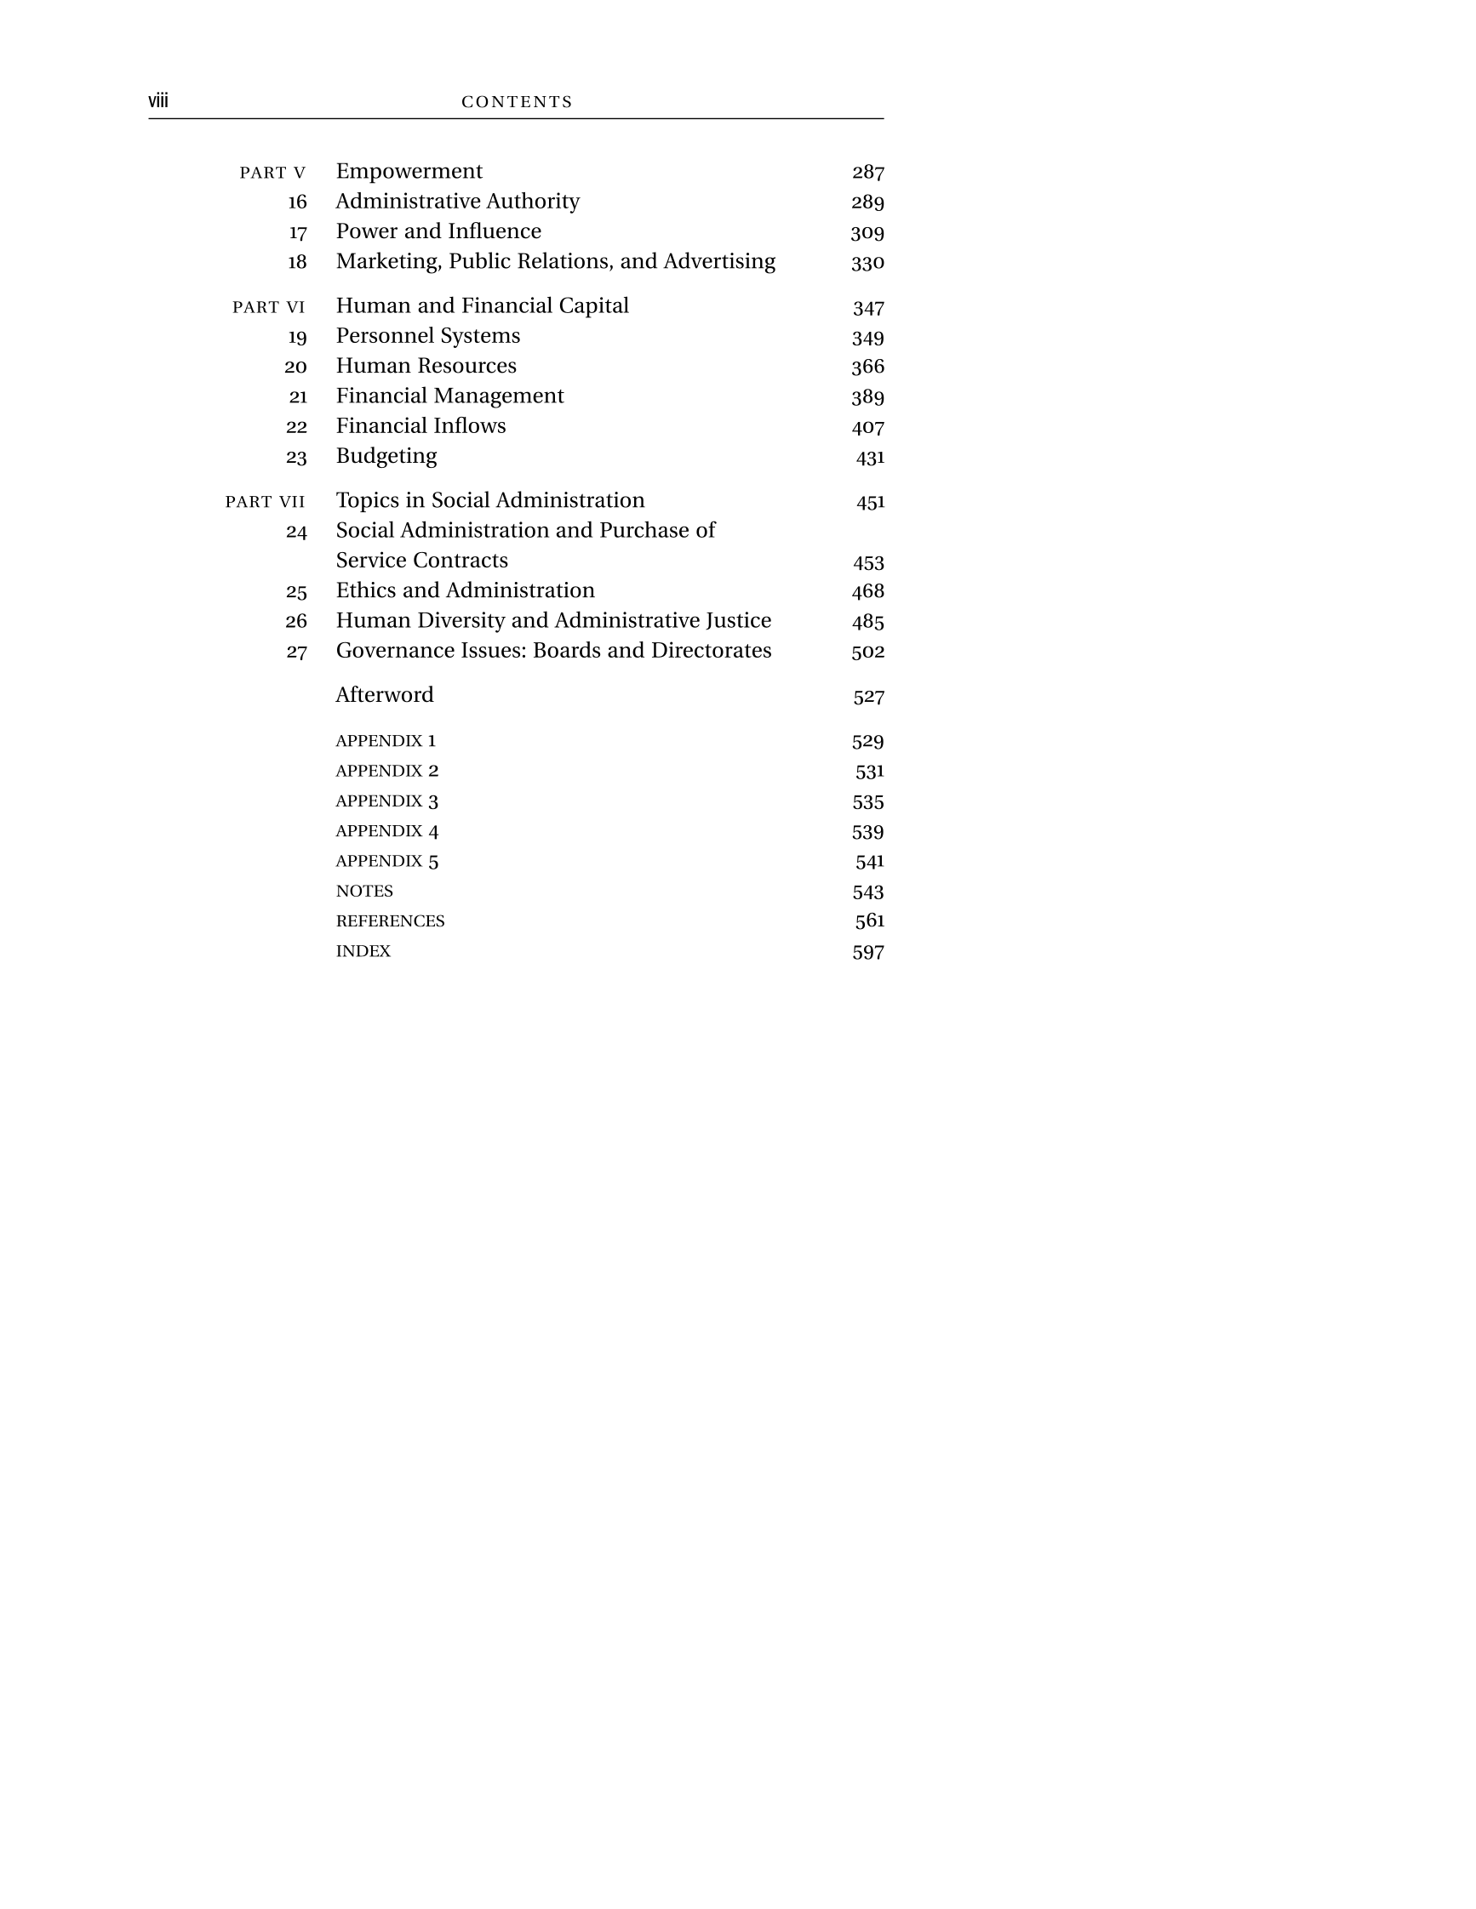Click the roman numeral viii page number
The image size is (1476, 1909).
tap(158, 100)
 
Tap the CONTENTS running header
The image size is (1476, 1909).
tap(517, 101)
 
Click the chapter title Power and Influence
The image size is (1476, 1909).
tap(438, 231)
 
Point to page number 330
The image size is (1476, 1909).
tap(867, 262)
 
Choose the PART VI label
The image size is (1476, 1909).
tap(268, 307)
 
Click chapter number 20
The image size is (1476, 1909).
tap(295, 367)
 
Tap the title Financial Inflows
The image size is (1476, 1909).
tap(420, 425)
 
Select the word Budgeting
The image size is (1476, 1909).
tap(386, 456)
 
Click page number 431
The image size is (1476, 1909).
tap(870, 457)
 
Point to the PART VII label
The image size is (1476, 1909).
tap(265, 502)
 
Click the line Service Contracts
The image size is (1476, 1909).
tap(421, 561)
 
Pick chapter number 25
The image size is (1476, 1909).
tap(296, 592)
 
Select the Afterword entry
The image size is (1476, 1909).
tap(385, 695)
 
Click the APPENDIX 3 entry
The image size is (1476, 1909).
tap(386, 801)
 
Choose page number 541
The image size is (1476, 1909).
tap(869, 861)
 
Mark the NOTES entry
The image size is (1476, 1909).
tap(363, 891)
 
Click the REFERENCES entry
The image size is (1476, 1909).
tap(390, 920)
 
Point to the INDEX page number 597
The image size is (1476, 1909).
tap(867, 952)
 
